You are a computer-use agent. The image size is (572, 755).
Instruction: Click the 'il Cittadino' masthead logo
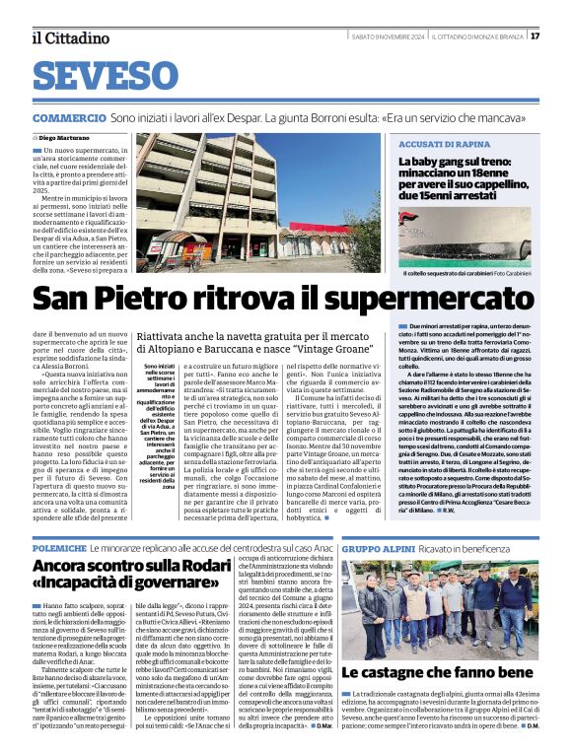69,37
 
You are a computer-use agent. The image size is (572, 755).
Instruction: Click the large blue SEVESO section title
109,75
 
